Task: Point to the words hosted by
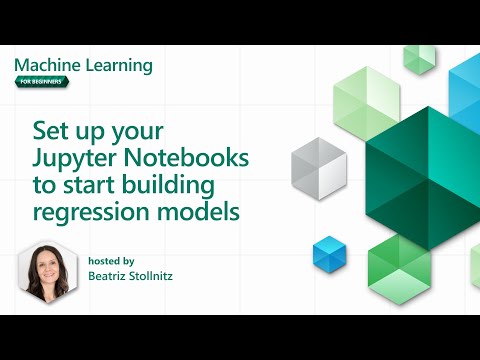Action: click(x=110, y=258)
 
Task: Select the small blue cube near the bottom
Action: click(x=328, y=251)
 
